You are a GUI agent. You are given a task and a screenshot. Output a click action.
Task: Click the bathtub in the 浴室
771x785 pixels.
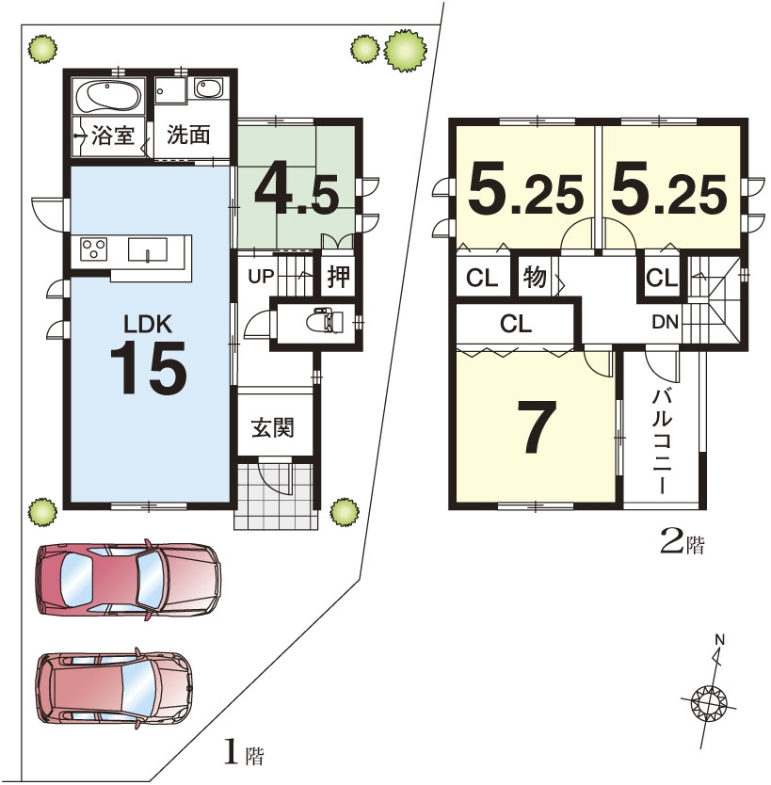[x=108, y=95]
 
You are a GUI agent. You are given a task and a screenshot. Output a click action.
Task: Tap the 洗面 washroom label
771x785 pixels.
[x=188, y=135]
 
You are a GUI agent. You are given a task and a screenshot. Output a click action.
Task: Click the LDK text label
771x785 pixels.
[x=148, y=325]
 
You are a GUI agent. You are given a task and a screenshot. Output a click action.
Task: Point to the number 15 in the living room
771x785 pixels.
[x=148, y=368]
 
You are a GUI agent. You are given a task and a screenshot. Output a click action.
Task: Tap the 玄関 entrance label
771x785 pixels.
[x=273, y=428]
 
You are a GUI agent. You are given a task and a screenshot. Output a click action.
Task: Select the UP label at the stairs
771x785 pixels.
[x=262, y=276]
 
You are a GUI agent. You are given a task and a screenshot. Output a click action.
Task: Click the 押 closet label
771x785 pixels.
[x=339, y=276]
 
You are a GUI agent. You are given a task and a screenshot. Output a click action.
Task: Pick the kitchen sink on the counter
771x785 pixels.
[x=147, y=249]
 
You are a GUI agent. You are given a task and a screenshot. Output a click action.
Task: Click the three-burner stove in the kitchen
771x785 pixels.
[x=94, y=248]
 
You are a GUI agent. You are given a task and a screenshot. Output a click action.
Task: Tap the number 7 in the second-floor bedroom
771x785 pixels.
[x=537, y=426]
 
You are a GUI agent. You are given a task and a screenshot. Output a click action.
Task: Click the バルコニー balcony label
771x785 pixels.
[x=662, y=441]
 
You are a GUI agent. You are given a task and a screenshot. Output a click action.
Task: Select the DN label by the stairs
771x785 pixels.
[x=665, y=322]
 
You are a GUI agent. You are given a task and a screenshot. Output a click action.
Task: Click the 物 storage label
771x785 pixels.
[x=534, y=277]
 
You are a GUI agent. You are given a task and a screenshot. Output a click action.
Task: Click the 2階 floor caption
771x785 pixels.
[x=683, y=544]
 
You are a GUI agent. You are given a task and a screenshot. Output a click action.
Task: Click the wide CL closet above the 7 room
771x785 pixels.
[x=516, y=324]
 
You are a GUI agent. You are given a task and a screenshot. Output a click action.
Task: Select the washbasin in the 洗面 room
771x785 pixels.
[x=206, y=88]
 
